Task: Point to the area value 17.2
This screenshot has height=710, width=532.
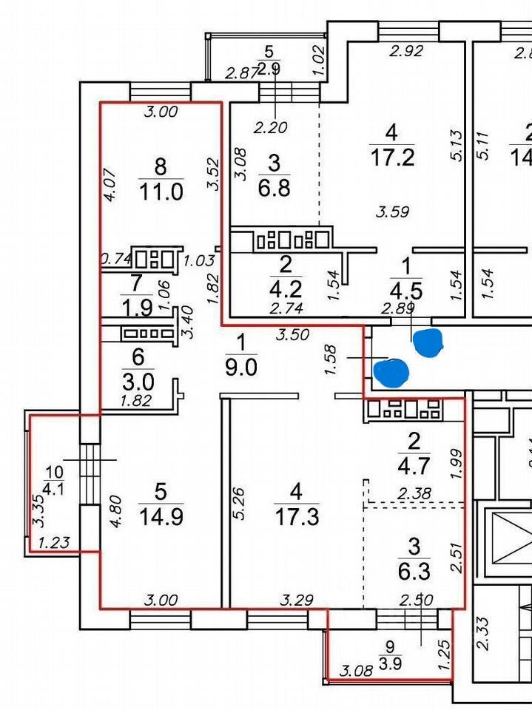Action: (x=392, y=158)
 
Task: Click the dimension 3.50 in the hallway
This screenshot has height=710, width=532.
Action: (x=292, y=334)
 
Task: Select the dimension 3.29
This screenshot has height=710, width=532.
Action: (x=293, y=601)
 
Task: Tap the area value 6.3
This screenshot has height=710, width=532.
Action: (x=414, y=572)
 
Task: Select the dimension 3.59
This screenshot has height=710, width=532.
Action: (x=392, y=212)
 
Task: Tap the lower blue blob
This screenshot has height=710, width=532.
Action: (x=391, y=372)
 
